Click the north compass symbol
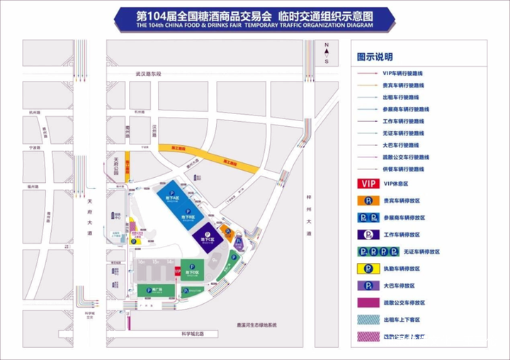327,51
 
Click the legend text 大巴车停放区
399,286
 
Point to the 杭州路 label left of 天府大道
34,113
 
